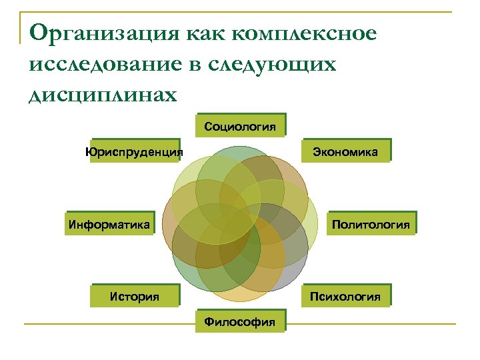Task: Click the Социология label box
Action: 240,126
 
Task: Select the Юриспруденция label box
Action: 134,151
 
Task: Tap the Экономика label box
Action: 346,151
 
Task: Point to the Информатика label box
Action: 109,224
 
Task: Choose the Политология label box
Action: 371,224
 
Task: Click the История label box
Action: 135,296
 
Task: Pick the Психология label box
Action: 346,296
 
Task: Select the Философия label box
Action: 240,322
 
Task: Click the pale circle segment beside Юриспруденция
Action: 183,177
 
